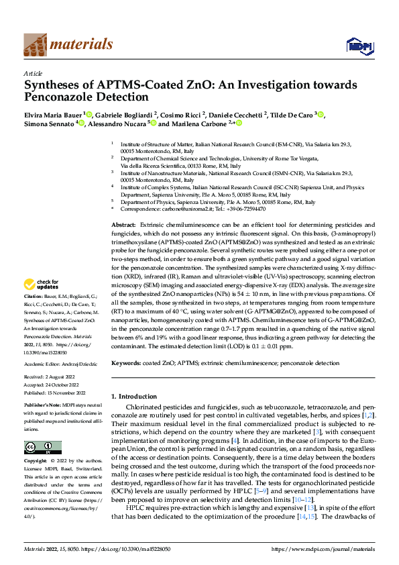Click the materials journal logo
[68, 45]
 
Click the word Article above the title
[33, 73]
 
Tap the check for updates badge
[42, 303]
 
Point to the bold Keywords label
[125, 362]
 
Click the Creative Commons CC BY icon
[42, 447]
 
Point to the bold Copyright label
[36, 461]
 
